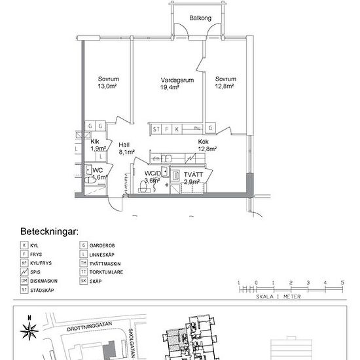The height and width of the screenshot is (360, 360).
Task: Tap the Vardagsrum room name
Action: click(175, 80)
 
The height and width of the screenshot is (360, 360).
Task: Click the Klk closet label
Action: click(96, 141)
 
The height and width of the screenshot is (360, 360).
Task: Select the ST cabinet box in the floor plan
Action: click(156, 130)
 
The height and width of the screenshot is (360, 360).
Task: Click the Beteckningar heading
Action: click(50, 232)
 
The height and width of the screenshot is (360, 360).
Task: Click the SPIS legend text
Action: click(37, 272)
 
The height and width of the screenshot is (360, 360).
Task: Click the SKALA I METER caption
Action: click(289, 296)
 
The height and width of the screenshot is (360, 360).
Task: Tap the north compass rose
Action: click(29, 330)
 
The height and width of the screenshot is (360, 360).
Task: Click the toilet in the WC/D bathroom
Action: click(143, 188)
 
